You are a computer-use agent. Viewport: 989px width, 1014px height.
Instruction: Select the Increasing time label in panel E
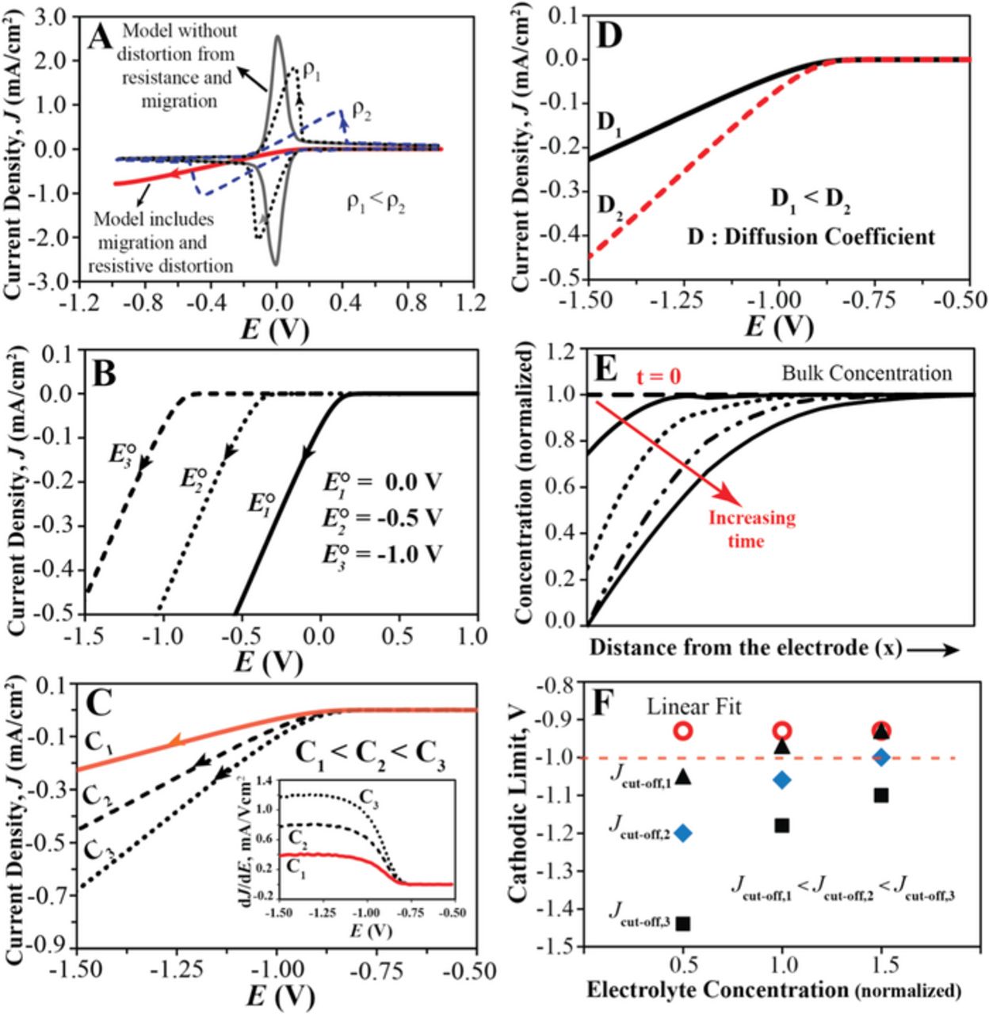click(x=751, y=529)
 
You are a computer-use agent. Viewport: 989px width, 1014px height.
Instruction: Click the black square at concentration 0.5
click(x=682, y=923)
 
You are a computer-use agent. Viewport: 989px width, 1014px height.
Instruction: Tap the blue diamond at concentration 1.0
click(x=782, y=780)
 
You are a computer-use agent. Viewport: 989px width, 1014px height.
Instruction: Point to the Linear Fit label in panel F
click(x=694, y=707)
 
